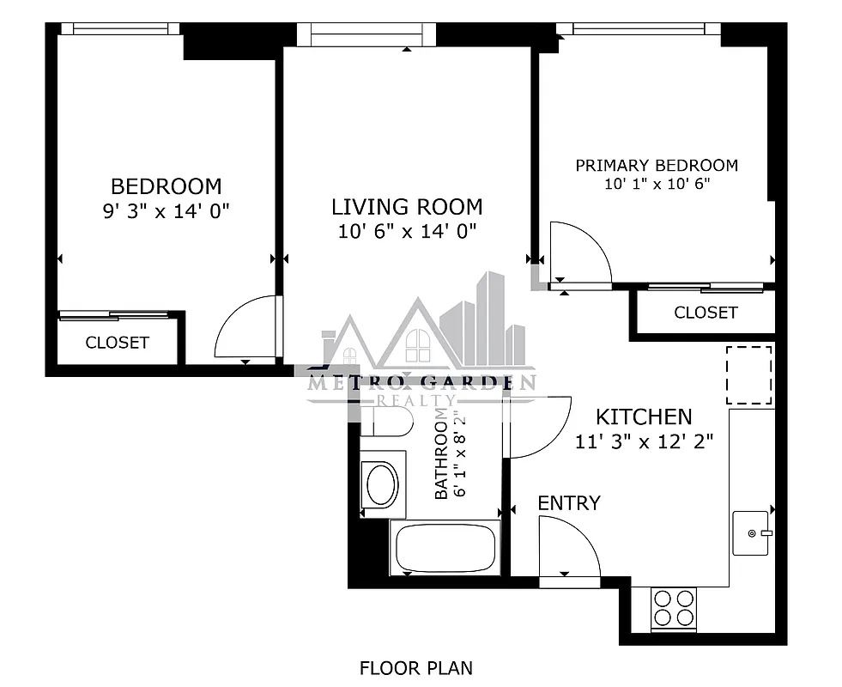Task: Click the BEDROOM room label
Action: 166,185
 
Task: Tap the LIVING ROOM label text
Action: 407,206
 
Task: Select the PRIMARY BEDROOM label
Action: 656,165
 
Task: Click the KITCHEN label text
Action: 644,417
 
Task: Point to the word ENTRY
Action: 569,503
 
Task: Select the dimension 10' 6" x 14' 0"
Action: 407,230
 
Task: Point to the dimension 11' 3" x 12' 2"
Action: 644,441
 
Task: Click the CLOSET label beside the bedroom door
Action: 117,343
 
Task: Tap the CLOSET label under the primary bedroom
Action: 705,313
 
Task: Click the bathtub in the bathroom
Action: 445,547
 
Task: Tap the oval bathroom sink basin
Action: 382,484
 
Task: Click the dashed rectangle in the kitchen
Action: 749,375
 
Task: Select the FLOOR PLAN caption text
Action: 415,667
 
